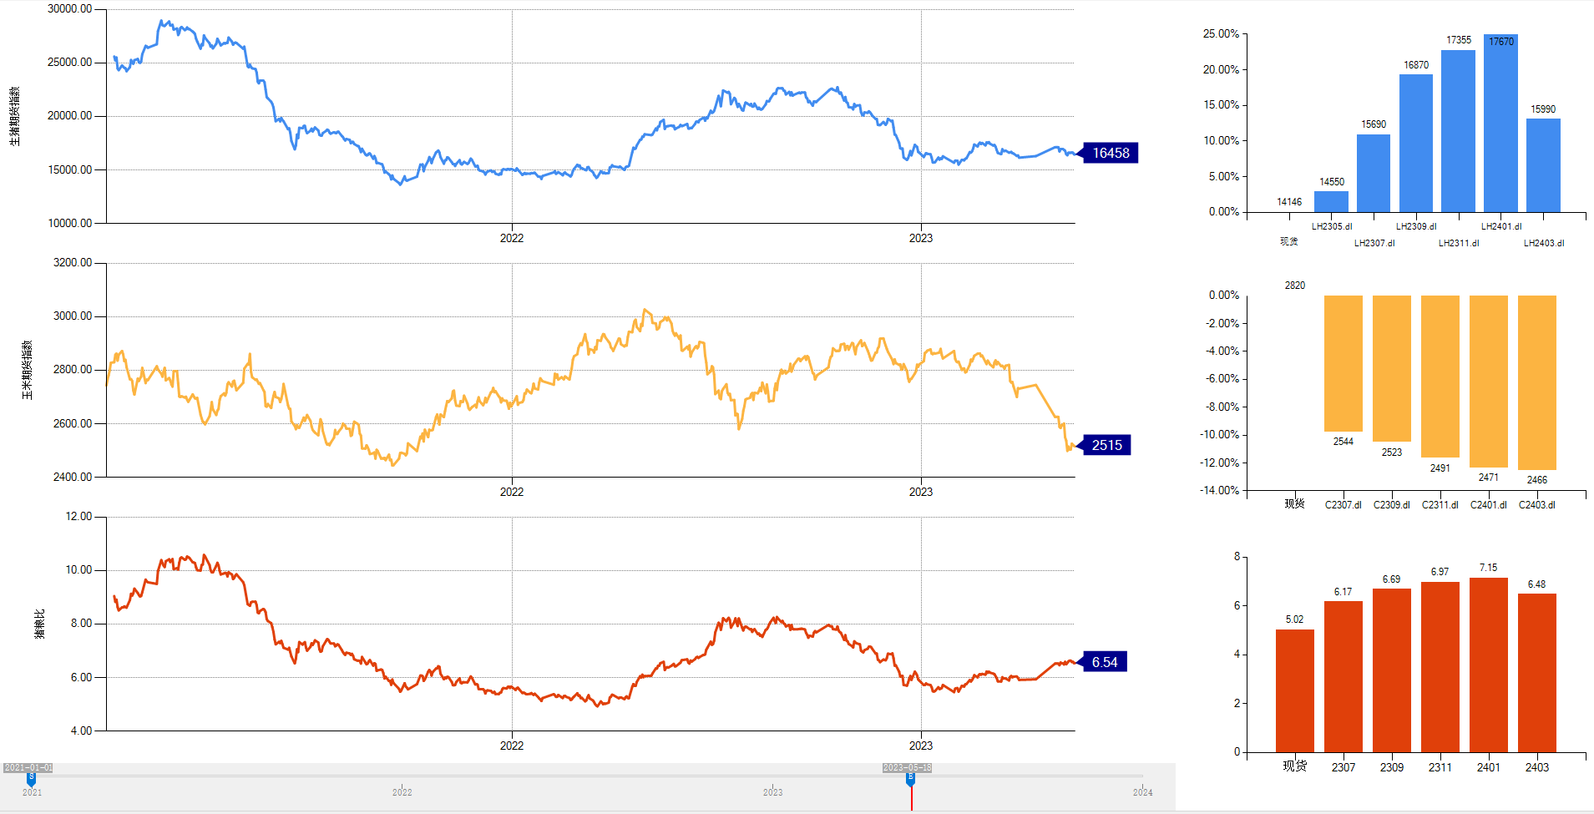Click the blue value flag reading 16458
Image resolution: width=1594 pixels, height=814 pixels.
1110,153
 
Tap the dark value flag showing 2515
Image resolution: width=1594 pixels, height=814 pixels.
1106,445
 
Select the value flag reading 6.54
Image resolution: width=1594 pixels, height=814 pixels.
1104,662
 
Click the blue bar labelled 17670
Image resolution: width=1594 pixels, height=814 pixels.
1500,125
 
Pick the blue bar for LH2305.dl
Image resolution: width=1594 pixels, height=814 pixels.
1331,201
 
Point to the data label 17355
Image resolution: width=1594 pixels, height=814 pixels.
1459,40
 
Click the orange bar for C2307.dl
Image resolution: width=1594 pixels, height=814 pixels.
1343,363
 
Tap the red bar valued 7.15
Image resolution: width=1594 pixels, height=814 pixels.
1488,664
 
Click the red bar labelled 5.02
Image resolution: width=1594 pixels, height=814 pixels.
1294,690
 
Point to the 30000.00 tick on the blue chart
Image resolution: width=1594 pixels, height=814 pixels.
70,9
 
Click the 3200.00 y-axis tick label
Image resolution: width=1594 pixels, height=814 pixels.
73,263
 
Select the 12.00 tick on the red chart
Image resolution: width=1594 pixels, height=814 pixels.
78,517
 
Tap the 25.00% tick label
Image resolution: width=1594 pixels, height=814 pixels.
1221,34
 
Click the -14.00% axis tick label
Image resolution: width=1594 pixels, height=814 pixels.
1219,490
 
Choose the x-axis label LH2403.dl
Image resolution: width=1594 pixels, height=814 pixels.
1543,243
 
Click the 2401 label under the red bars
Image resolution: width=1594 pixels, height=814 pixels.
1488,767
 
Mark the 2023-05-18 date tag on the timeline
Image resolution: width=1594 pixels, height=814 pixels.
907,767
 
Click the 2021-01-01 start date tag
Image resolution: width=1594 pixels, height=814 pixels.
28,767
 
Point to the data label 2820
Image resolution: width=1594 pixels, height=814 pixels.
1294,286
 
